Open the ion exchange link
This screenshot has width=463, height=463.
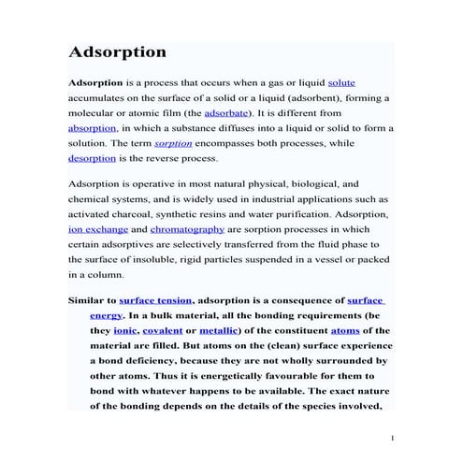(95, 229)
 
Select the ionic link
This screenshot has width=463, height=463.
(125, 331)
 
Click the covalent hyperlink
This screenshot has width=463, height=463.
(163, 331)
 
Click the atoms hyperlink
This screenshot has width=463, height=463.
(345, 331)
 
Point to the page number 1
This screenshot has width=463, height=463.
(394, 438)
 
